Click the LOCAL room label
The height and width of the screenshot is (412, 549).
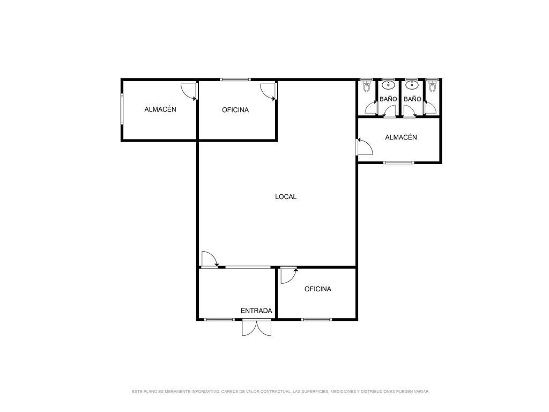tap(286, 197)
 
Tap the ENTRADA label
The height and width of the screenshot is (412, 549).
tap(256, 311)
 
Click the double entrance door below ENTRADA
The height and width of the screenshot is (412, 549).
tap(256, 328)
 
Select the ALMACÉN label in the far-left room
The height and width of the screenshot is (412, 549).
tap(160, 109)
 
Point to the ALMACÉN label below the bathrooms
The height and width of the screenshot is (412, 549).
tap(401, 137)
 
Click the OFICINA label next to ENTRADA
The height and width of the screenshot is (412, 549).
tap(318, 289)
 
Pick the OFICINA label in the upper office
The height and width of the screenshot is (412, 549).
tap(235, 110)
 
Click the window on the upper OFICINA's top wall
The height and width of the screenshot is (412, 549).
tap(235, 79)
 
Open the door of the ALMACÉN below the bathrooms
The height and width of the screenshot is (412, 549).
tap(364, 146)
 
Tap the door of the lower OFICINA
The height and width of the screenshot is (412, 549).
tap(289, 275)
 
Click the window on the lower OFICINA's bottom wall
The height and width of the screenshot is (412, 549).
tap(316, 320)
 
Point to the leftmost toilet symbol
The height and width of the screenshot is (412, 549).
tap(367, 86)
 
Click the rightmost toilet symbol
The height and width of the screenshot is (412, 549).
tap(432, 86)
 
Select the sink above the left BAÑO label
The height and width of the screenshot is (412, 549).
tap(388, 85)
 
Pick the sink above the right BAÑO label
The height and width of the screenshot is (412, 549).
tap(412, 85)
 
